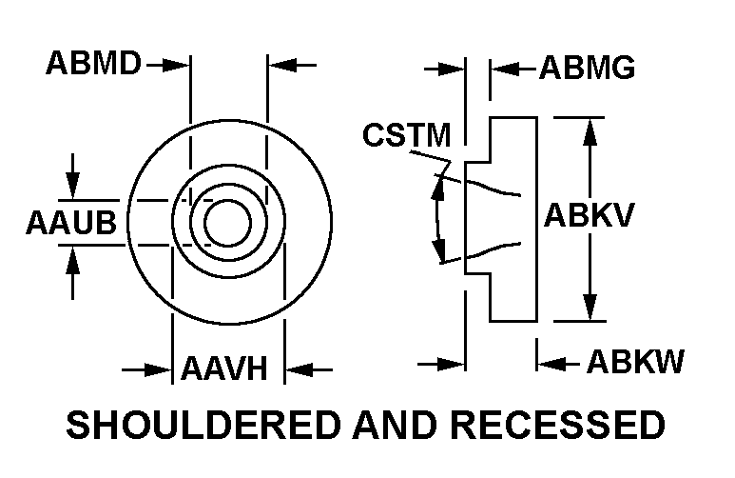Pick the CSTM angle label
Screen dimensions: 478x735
click(406, 136)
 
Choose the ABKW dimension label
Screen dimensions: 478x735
click(635, 363)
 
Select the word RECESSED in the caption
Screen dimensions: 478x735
click(562, 425)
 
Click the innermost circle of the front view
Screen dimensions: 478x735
click(227, 223)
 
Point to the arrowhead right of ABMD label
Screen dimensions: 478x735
click(181, 65)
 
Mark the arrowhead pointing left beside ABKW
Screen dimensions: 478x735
click(549, 363)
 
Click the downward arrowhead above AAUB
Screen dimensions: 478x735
click(74, 189)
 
